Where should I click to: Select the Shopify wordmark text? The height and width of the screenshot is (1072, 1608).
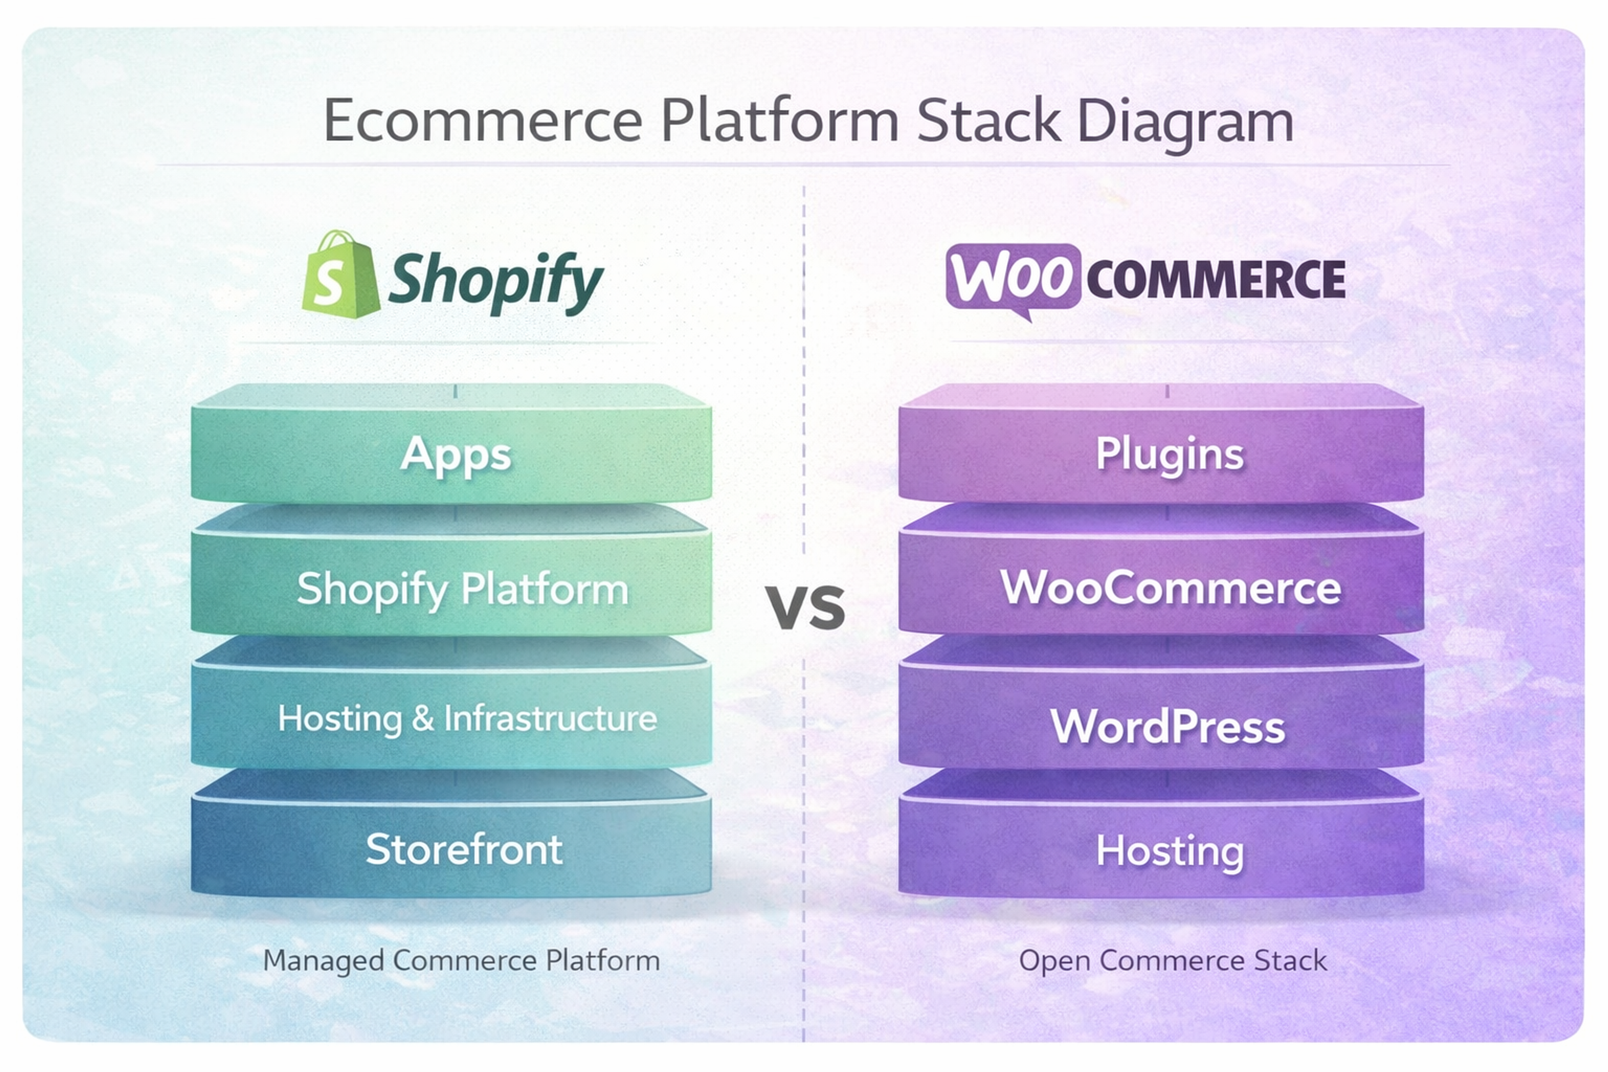pyautogui.click(x=495, y=280)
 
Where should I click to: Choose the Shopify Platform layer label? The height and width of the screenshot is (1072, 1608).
pyautogui.click(x=462, y=589)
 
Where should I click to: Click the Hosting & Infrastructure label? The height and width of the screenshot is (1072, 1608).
pyautogui.click(x=467, y=719)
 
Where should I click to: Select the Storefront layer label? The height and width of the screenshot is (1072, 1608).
pyautogui.click(x=464, y=850)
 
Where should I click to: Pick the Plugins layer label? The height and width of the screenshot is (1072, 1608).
pyautogui.click(x=1170, y=454)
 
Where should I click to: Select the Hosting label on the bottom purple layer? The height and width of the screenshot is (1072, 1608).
pyautogui.click(x=1170, y=851)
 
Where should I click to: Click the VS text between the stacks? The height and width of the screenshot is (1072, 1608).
pyautogui.click(x=805, y=607)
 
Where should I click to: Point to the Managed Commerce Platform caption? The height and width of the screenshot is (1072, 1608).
pyautogui.click(x=461, y=961)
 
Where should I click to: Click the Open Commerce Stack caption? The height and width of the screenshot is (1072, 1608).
pyautogui.click(x=1172, y=961)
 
